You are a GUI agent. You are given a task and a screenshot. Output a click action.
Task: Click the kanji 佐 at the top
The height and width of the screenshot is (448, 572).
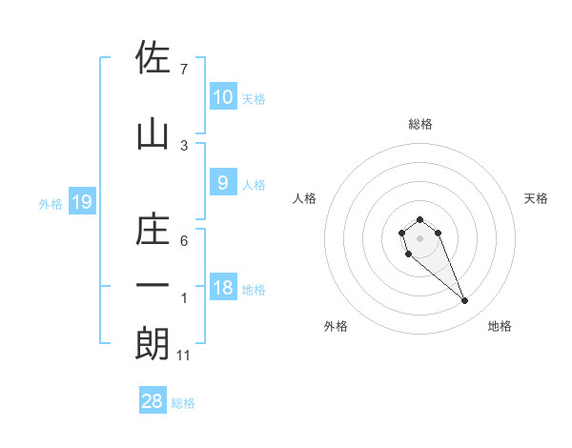(x=153, y=57)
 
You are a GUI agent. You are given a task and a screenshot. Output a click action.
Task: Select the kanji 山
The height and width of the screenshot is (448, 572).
(x=153, y=133)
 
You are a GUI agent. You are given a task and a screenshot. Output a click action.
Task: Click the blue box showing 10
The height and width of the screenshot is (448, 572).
(x=222, y=96)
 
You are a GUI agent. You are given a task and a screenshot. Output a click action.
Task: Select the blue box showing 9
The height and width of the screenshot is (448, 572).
(x=222, y=183)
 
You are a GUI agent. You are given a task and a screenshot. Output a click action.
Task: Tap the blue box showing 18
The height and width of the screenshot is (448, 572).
(x=222, y=288)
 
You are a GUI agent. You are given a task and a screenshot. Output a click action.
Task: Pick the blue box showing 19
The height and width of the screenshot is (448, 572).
(x=82, y=202)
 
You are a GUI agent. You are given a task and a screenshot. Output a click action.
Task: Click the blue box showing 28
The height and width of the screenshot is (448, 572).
(x=153, y=401)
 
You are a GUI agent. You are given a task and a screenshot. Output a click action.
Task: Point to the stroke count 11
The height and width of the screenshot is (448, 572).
(x=184, y=356)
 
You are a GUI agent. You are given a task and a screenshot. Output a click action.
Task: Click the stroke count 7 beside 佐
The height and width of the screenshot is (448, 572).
(x=183, y=70)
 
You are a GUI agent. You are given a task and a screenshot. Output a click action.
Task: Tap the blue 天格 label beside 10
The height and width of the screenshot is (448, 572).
(x=254, y=98)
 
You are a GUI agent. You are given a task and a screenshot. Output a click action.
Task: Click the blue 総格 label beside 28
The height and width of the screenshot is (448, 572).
(x=183, y=403)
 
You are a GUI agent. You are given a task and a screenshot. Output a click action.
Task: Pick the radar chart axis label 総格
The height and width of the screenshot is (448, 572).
(x=420, y=124)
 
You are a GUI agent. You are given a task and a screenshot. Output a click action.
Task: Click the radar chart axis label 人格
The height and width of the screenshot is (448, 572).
(x=305, y=198)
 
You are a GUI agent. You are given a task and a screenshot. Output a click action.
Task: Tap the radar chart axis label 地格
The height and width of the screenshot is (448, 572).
(x=500, y=326)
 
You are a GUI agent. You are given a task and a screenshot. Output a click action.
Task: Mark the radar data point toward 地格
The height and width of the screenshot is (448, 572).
(x=465, y=301)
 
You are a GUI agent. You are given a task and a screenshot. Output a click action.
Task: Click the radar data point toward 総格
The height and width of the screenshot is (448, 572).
(x=420, y=220)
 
